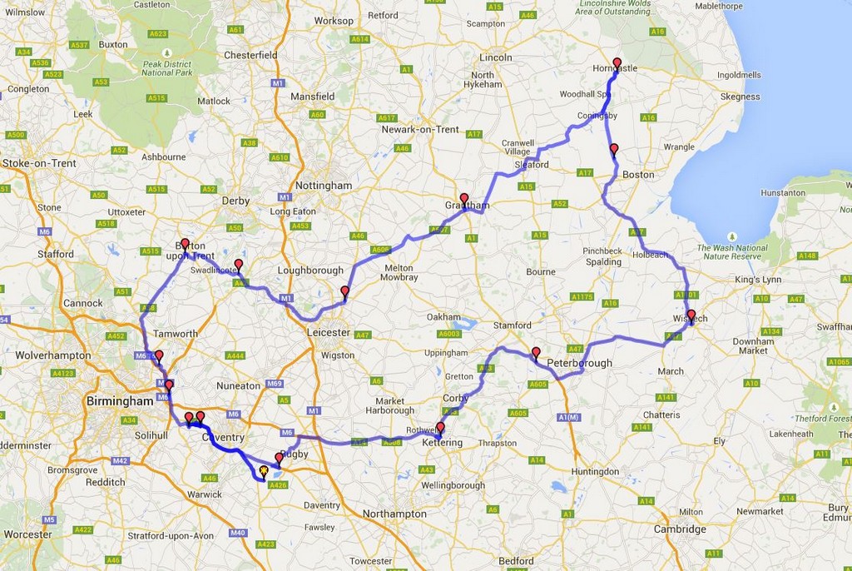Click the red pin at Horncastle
tap(617, 64)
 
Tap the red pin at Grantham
tap(464, 200)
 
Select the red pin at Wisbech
tap(691, 315)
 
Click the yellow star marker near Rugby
tap(264, 471)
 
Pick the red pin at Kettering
tap(440, 429)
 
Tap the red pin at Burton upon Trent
tap(185, 245)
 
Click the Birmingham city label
tap(120, 401)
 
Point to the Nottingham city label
tap(324, 186)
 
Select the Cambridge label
tap(680, 529)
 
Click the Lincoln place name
tap(496, 57)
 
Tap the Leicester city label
tap(329, 332)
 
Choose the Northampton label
tap(394, 514)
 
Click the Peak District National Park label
tap(166, 68)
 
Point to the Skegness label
tap(741, 97)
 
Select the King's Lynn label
tap(758, 279)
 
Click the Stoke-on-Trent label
tap(39, 163)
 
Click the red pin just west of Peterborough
tap(536, 353)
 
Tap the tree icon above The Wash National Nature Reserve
tap(731, 237)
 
